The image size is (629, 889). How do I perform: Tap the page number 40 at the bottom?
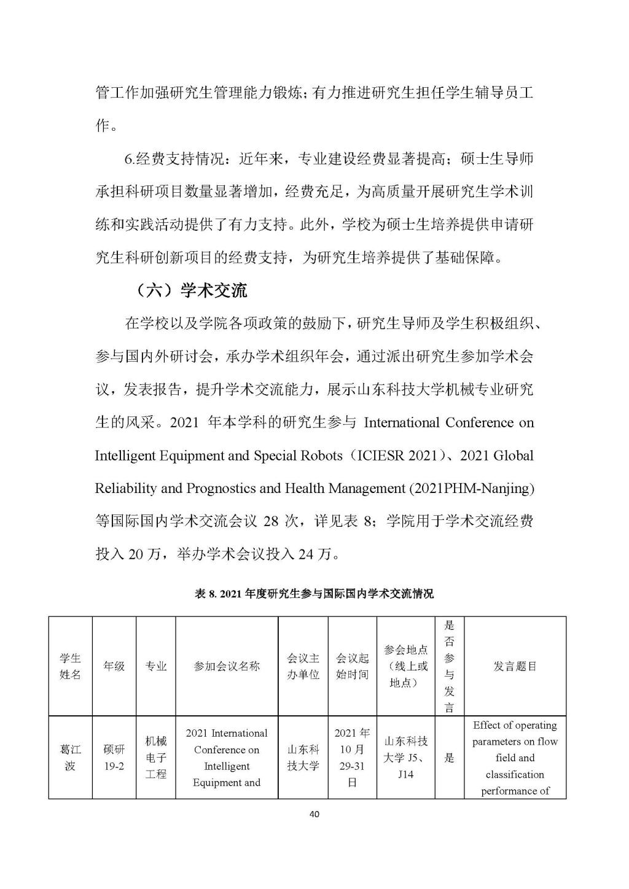(x=314, y=815)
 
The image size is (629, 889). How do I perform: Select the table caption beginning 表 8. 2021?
(x=314, y=594)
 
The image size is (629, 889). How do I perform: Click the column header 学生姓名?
(x=70, y=666)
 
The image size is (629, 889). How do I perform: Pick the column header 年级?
(x=114, y=666)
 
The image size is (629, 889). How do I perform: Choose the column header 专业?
(x=156, y=666)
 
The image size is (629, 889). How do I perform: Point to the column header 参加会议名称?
(x=227, y=666)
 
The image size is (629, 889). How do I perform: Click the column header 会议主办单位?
(x=303, y=666)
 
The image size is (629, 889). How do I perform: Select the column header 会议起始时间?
(x=353, y=666)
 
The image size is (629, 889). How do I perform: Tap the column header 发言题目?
(x=515, y=666)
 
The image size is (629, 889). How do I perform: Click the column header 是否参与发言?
(x=449, y=666)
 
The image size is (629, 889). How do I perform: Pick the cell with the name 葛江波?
(x=70, y=758)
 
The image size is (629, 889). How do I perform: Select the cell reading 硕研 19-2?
(x=114, y=758)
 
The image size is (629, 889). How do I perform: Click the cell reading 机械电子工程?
(x=156, y=758)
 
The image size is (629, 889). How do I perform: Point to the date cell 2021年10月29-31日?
(x=353, y=758)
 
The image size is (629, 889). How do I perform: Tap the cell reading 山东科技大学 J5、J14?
(x=405, y=758)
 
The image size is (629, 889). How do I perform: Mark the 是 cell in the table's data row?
(x=449, y=758)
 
